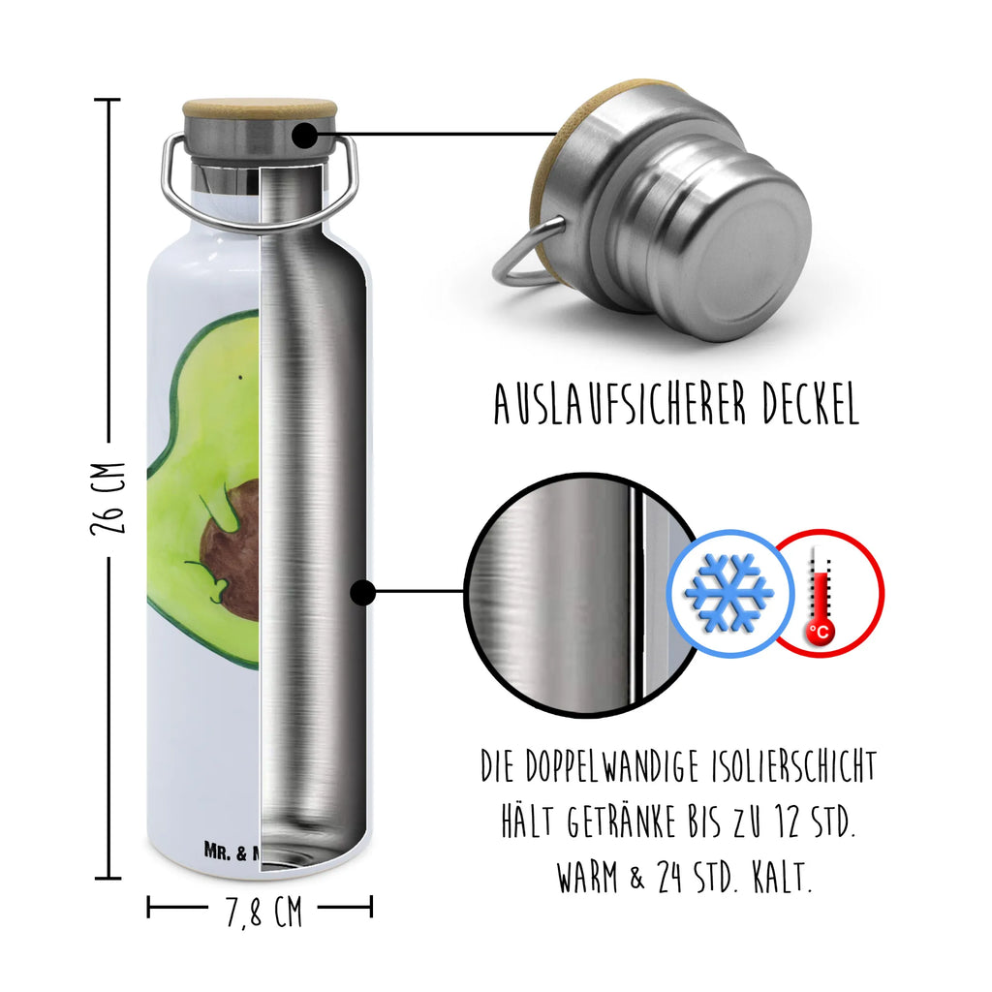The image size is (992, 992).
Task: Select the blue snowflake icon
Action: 728,590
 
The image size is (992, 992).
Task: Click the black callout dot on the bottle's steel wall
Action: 363,591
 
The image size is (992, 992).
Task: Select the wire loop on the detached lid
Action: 524,256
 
